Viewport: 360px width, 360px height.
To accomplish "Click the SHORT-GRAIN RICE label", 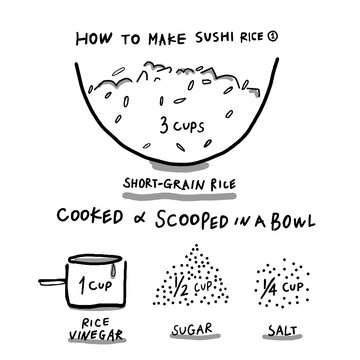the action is click(180, 184).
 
